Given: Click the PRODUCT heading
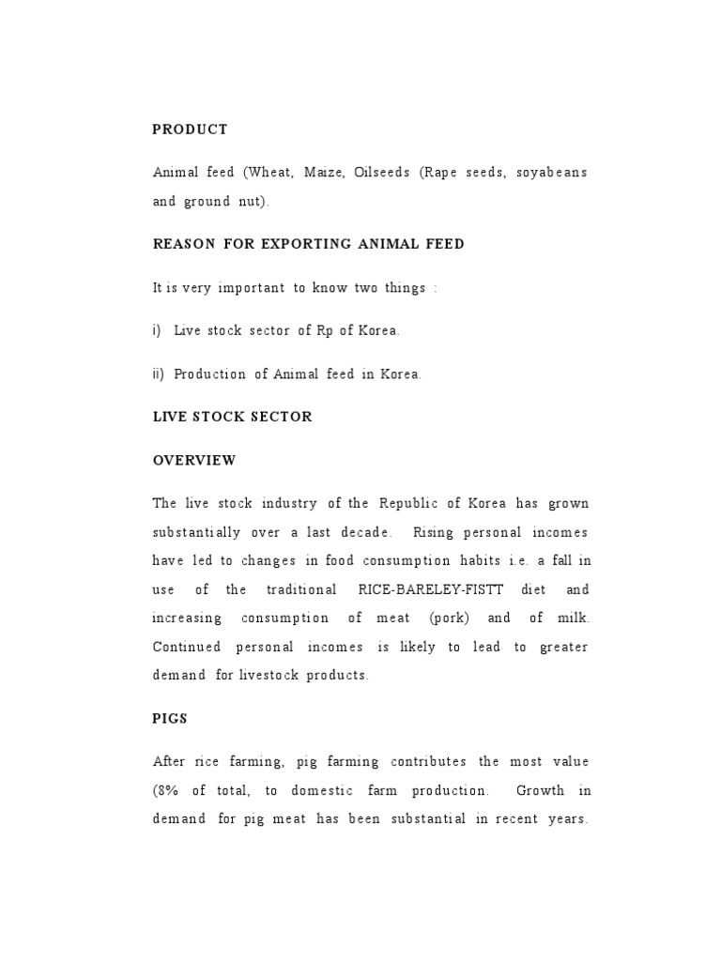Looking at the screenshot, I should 190,130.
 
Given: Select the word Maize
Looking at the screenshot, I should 323,173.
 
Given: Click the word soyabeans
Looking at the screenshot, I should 552,173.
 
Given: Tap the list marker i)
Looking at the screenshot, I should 157,330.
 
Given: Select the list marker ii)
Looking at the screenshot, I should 158,374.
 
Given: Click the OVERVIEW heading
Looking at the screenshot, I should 194,461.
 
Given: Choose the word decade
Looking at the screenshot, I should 360,532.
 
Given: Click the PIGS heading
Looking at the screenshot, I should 170,718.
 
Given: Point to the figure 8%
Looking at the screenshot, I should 165,790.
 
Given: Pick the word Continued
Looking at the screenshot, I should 187,647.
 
